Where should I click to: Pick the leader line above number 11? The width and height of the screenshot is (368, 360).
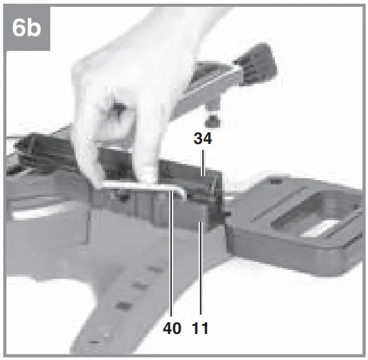click(x=200, y=273)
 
